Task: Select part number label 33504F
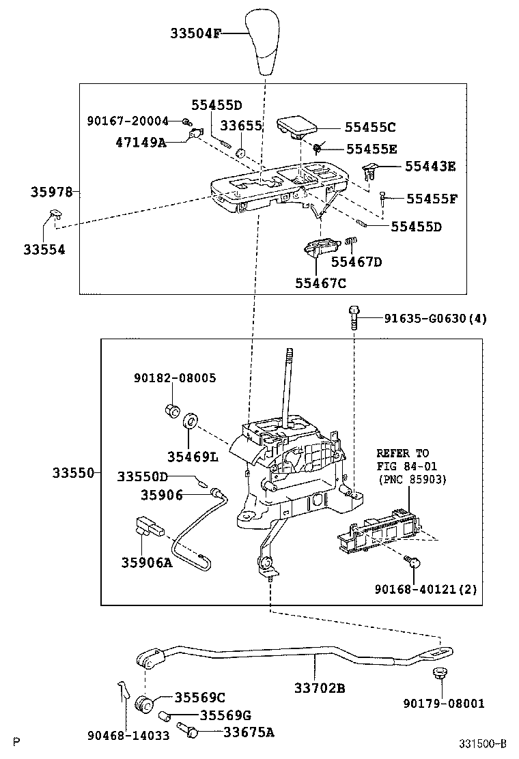click(195, 33)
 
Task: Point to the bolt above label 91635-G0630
click(352, 316)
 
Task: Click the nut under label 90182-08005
click(172, 411)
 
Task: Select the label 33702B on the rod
click(319, 688)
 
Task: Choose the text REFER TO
click(403, 453)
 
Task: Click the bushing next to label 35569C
click(145, 702)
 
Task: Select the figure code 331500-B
click(483, 743)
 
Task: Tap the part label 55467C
click(321, 282)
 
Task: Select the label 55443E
click(430, 165)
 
